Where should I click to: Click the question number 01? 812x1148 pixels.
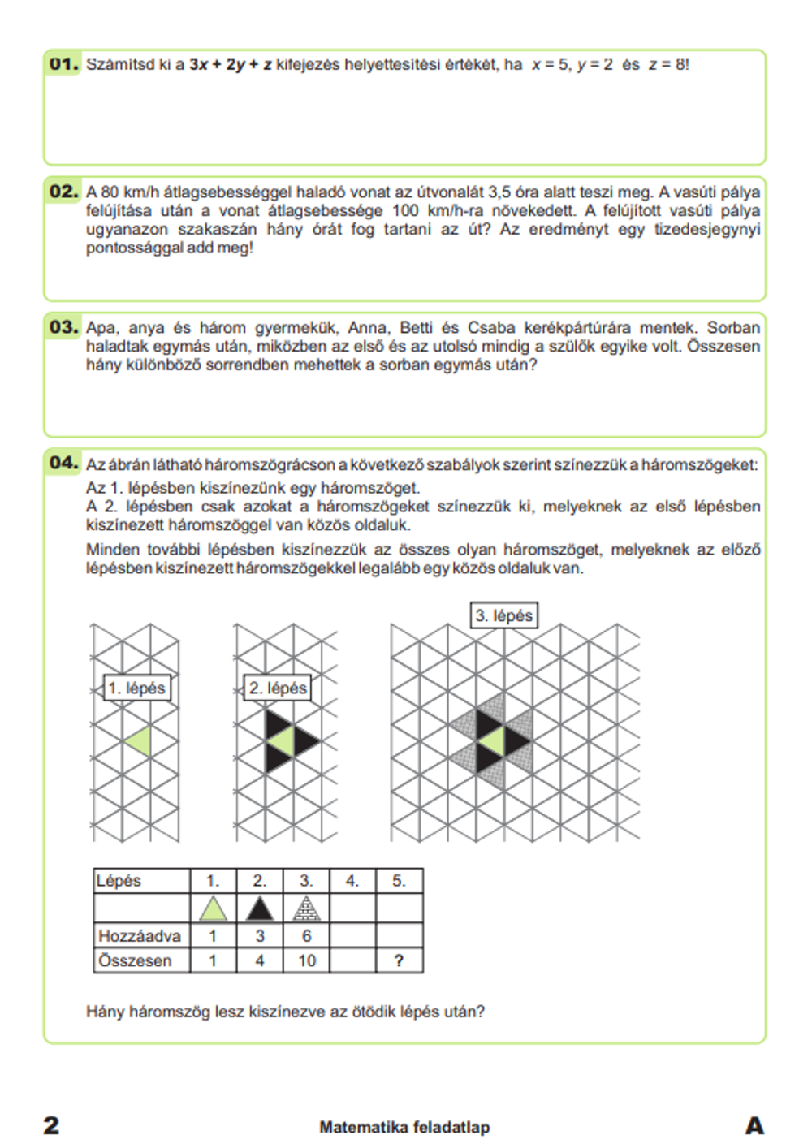pos(63,63)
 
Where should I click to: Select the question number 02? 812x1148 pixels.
pos(63,192)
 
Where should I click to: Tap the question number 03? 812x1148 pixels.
pos(63,327)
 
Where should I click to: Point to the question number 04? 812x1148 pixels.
pos(63,463)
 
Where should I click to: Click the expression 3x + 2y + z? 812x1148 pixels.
pos(231,65)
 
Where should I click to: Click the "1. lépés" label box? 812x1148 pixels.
pos(136,688)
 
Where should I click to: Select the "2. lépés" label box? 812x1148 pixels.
pos(278,688)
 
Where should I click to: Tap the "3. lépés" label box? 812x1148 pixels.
pos(504,615)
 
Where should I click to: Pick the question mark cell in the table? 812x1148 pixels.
pos(399,960)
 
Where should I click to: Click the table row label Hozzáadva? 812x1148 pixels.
pos(140,936)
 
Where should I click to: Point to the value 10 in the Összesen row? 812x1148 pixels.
pos(306,960)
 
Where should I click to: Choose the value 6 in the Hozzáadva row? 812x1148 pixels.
pos(306,936)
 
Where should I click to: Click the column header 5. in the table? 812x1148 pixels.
pos(399,881)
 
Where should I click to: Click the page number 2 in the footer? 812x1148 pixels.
pos(51,1125)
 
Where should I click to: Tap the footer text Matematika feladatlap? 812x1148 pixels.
pos(404,1127)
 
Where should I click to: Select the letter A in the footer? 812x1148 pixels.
pos(754,1125)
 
